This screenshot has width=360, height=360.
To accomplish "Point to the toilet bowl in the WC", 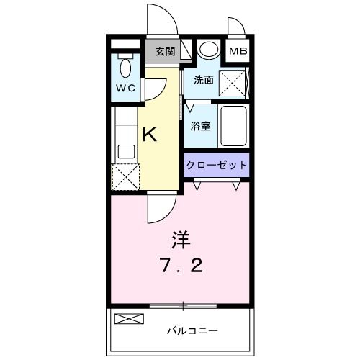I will point(125,68).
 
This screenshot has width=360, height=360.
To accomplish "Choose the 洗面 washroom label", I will point(203,81).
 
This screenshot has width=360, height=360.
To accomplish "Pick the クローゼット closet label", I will point(217,165).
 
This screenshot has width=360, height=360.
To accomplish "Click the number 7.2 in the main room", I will point(181,266).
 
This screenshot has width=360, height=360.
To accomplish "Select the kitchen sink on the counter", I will point(125,152).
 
